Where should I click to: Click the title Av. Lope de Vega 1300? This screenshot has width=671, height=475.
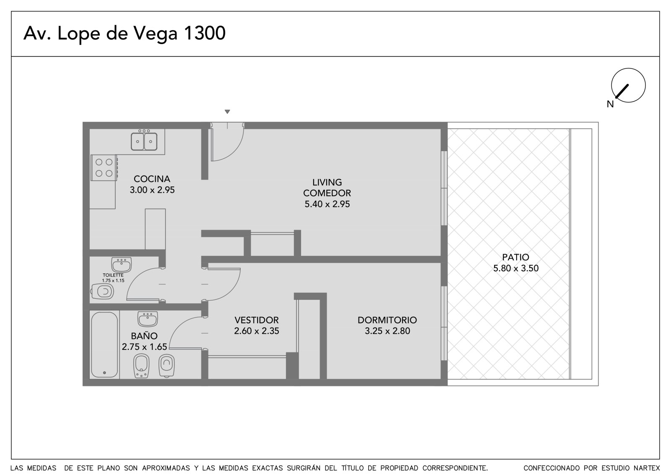(x=124, y=34)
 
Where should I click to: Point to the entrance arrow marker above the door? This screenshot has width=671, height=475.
(x=227, y=112)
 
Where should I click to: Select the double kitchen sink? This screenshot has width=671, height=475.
(x=144, y=141)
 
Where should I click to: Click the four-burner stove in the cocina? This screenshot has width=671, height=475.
(x=104, y=168)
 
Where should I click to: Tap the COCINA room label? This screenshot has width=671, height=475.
(x=152, y=179)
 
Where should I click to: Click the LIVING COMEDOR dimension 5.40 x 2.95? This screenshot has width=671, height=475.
(x=327, y=204)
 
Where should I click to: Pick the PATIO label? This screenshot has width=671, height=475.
(x=515, y=257)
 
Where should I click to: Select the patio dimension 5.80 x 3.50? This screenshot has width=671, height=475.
(x=516, y=268)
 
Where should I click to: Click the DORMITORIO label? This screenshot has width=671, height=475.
(x=387, y=320)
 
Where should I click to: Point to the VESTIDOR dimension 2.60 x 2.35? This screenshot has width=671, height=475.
(x=256, y=331)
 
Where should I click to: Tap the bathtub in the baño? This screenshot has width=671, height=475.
(x=104, y=345)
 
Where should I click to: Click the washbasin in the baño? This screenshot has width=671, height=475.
(x=148, y=319)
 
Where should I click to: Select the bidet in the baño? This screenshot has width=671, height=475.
(x=141, y=366)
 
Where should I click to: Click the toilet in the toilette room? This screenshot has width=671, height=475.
(x=102, y=291)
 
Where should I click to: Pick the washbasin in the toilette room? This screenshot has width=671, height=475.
(x=121, y=265)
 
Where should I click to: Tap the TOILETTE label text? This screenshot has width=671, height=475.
(x=113, y=275)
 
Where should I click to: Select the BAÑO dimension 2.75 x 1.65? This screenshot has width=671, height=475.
(x=144, y=347)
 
